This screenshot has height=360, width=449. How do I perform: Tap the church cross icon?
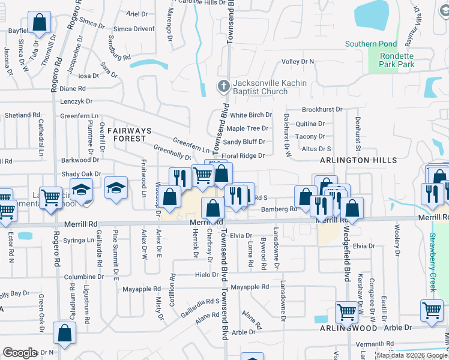(223, 86)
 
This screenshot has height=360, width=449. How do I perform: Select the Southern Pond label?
(371, 44)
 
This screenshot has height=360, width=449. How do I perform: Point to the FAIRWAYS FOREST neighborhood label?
(127, 134)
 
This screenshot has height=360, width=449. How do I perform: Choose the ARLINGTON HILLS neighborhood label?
(358, 160)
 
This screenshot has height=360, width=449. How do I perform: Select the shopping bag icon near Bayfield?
(39, 23)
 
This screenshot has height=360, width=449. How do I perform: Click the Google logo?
(20, 353)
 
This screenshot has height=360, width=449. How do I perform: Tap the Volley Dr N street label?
(298, 61)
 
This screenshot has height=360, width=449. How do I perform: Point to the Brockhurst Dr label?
(322, 110)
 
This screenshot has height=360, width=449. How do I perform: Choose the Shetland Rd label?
(22, 115)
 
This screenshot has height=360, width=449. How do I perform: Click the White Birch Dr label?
(251, 115)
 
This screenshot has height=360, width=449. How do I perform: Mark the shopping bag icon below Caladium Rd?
(64, 332)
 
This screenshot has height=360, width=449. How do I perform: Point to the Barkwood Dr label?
(80, 160)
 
